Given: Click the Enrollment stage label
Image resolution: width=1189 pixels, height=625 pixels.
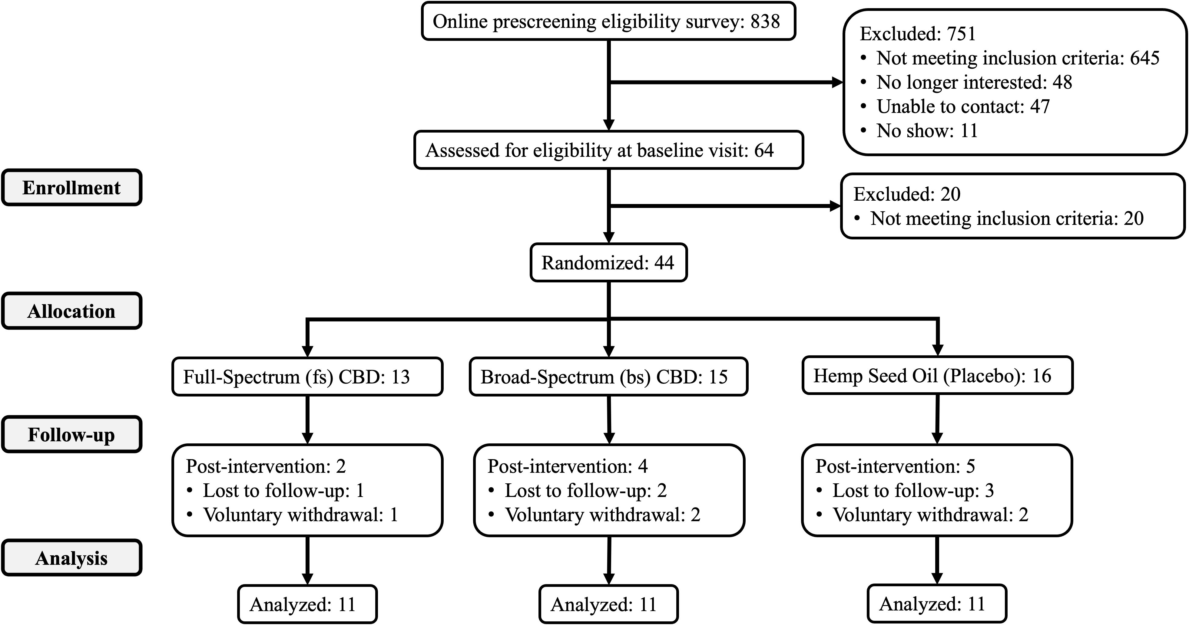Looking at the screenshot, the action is (71, 187).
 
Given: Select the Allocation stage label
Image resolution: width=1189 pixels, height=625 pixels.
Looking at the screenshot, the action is (71, 311).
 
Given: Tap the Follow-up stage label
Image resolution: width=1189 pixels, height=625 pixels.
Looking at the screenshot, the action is (71, 435).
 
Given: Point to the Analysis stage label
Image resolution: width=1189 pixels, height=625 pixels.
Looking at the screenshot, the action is (71, 558).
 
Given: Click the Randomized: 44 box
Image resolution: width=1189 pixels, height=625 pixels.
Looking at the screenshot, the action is (608, 262).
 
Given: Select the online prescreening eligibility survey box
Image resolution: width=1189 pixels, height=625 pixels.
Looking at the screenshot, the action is (608, 21).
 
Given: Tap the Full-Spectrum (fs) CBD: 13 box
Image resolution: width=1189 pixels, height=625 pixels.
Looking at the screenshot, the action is (307, 377).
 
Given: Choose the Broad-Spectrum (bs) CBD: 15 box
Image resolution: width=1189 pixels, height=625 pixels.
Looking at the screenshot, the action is (608, 377).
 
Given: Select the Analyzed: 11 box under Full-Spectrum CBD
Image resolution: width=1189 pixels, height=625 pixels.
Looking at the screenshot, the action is (307, 604).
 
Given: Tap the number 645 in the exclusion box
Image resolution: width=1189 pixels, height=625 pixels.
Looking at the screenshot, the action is (1145, 58).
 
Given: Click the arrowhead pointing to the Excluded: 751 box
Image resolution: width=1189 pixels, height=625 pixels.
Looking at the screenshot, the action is (837, 83).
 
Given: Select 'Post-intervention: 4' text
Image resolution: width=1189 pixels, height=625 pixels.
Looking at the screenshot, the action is (567, 466).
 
